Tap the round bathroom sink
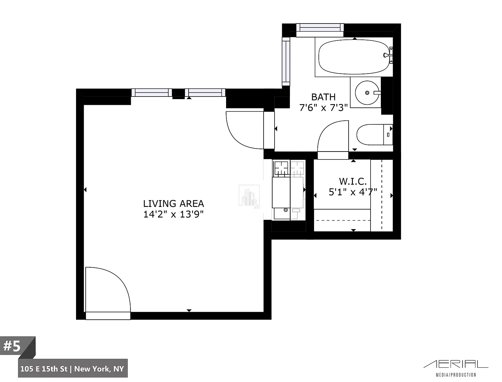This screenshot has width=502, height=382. (x=367, y=93)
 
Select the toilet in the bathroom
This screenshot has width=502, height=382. (x=375, y=135)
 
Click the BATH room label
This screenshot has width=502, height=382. (x=323, y=97)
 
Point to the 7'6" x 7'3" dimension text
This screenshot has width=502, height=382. (x=323, y=107)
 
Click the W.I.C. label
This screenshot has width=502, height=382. (x=353, y=181)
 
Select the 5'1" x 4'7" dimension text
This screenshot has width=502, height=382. (x=353, y=192)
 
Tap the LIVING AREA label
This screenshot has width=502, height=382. (x=173, y=204)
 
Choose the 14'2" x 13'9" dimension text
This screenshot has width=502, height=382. (x=173, y=214)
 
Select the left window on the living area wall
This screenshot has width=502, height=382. (x=152, y=93)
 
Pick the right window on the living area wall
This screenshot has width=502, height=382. (x=205, y=93)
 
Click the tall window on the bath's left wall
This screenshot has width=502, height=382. (x=286, y=61)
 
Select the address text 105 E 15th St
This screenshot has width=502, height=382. (x=44, y=369)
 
